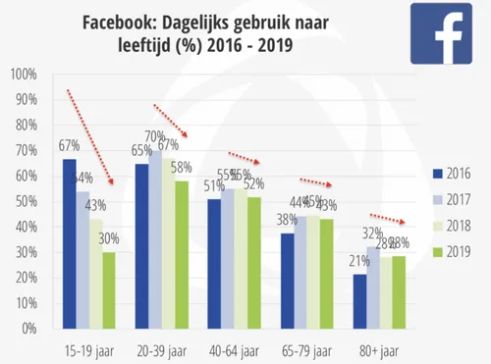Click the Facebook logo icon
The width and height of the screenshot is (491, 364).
click(x=439, y=33)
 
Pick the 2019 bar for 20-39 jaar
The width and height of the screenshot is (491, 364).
click(x=183, y=254)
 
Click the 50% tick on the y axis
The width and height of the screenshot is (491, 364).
click(x=25, y=201)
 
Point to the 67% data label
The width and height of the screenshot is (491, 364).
click(x=69, y=147)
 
